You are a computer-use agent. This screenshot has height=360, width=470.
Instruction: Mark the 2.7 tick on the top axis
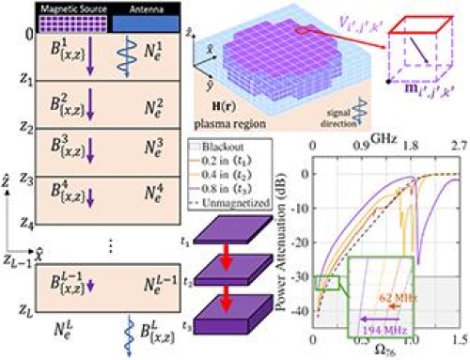pos(458,148)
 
